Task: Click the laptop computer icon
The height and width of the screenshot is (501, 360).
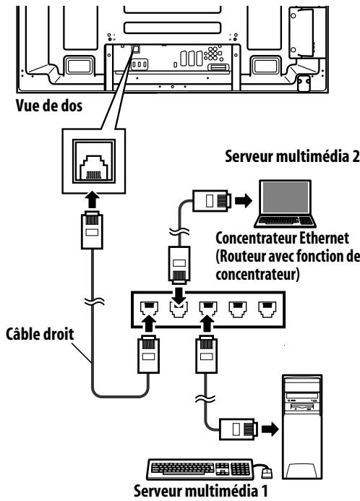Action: coord(285,204)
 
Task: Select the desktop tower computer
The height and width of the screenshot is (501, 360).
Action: coord(302,427)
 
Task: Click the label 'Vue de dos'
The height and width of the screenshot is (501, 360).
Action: coord(49,106)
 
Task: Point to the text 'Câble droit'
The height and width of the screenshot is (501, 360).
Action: coord(40,334)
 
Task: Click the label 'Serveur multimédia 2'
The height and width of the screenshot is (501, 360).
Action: coord(292,157)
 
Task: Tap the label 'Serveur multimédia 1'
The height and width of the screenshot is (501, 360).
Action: coord(201,491)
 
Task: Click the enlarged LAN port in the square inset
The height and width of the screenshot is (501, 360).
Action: coord(93,161)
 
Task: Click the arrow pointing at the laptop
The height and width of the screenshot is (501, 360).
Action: coord(244,201)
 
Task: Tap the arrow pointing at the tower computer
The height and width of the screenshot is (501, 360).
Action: coord(270,429)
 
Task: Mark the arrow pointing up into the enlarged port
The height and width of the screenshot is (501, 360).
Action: coord(93,200)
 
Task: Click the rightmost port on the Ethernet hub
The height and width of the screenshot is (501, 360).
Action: coord(267,309)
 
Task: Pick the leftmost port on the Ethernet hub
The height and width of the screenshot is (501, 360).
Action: coord(149,309)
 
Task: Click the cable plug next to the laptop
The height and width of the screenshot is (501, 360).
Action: coord(212,200)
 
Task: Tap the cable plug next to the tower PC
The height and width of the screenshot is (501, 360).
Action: coord(238,429)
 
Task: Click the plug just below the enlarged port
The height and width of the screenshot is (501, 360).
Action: coord(92,230)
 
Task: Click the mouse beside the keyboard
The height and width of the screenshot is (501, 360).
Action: coord(267,472)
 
